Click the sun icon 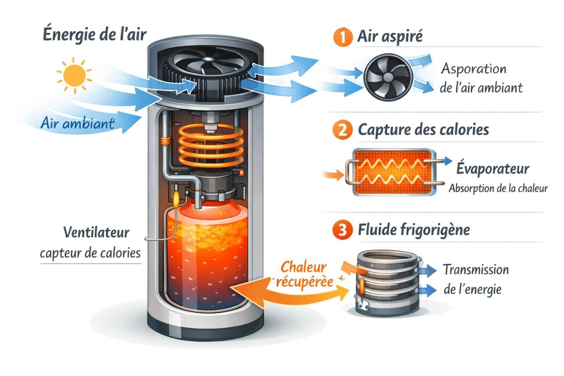(74, 75)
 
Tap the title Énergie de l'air (94, 35)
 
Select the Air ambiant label (77, 123)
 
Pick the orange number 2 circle (342, 130)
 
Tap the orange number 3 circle (342, 229)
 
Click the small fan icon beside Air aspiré (388, 77)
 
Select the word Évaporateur (493, 168)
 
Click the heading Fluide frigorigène (414, 229)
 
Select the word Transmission (476, 270)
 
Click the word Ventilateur (96, 232)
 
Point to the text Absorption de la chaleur (498, 188)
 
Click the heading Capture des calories (423, 130)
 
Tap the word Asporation (474, 69)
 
